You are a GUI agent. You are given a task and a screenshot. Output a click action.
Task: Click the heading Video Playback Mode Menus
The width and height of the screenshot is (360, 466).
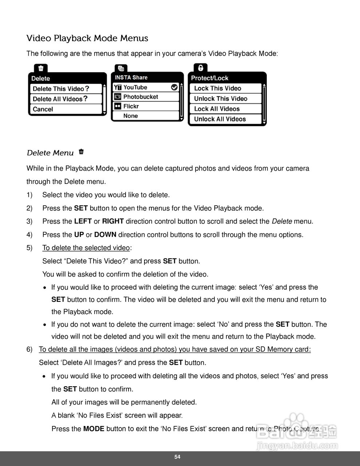87,38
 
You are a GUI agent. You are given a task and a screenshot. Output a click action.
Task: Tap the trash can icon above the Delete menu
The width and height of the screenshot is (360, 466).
41,68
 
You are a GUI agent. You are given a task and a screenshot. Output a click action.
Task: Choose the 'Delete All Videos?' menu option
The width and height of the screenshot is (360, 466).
60,99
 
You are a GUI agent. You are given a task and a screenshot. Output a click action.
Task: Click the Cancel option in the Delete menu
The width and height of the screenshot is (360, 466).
43,109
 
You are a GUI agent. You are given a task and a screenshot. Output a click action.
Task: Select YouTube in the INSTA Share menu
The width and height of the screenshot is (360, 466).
135,87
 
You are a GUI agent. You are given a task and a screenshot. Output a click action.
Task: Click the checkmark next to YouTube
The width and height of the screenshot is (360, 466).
174,87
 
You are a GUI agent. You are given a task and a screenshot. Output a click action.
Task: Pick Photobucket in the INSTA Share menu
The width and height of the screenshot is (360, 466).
141,97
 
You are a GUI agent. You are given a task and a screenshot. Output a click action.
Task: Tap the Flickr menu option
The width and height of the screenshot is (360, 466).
131,106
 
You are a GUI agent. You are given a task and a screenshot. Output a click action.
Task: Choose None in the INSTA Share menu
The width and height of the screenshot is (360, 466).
131,116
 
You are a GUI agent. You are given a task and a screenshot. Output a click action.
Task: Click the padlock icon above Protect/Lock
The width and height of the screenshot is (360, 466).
200,68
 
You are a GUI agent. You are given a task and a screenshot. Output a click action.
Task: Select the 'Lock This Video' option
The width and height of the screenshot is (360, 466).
218,88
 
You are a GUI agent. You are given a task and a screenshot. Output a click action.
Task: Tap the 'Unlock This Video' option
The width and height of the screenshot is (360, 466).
221,99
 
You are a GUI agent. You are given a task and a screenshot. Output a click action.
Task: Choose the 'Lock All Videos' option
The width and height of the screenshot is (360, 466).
217,109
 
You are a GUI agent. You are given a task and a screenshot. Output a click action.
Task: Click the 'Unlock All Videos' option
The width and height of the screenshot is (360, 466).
220,119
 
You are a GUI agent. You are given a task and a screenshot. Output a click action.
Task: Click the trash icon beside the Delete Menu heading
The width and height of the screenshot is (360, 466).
81,152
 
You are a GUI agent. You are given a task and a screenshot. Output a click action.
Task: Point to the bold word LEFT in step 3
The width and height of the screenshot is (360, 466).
83,221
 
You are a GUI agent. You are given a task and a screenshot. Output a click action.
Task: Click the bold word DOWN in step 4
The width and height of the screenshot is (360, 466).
105,235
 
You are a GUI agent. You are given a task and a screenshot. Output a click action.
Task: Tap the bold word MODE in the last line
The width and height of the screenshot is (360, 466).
94,429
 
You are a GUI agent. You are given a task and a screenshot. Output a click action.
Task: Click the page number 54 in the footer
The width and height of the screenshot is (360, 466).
177,457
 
